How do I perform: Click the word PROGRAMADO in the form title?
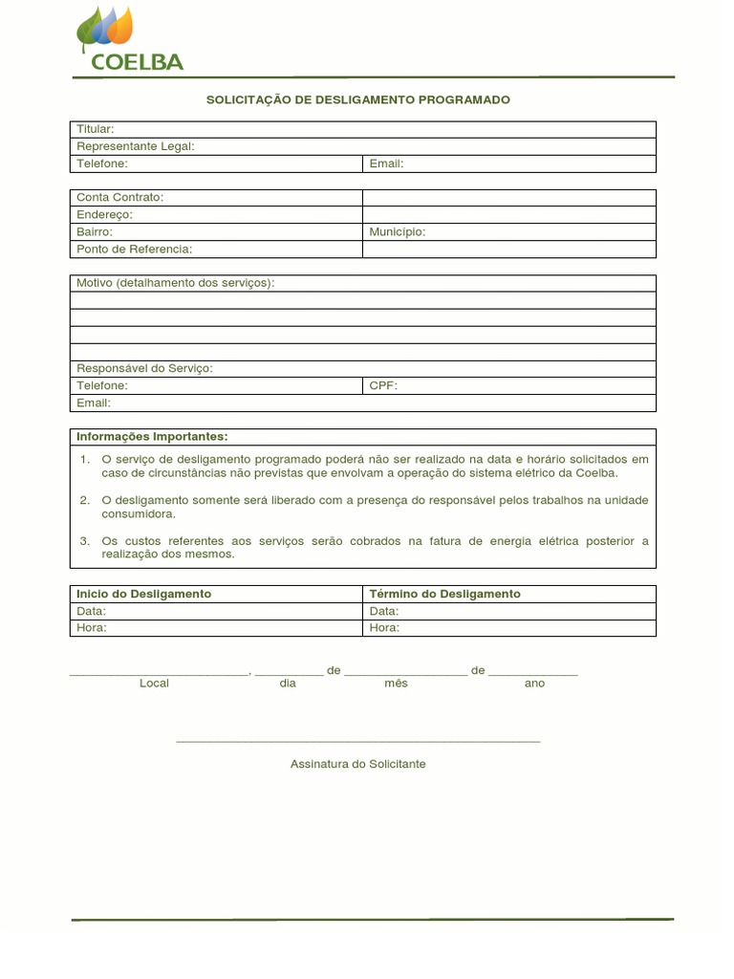pyautogui.click(x=464, y=99)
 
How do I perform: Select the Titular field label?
pyautogui.click(x=95, y=129)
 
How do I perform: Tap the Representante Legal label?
pyautogui.click(x=135, y=146)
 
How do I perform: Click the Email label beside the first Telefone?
pyautogui.click(x=386, y=163)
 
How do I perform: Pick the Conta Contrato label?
pyautogui.click(x=119, y=197)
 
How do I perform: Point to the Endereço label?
pyautogui.click(x=104, y=214)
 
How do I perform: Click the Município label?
pyautogui.click(x=397, y=231)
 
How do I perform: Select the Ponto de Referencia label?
pyautogui.click(x=134, y=249)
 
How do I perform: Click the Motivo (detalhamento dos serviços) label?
pyautogui.click(x=175, y=283)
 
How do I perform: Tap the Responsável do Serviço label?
pyautogui.click(x=144, y=368)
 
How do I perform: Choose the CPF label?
pyautogui.click(x=382, y=385)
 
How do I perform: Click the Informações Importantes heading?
pyautogui.click(x=152, y=437)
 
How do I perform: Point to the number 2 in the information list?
pyautogui.click(x=85, y=500)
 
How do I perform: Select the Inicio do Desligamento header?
pyautogui.click(x=143, y=594)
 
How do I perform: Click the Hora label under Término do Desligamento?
pyautogui.click(x=384, y=628)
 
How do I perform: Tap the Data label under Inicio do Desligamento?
pyautogui.click(x=91, y=611)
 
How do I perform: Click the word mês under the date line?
pyautogui.click(x=396, y=684)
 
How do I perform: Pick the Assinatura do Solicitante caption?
pyautogui.click(x=358, y=764)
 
